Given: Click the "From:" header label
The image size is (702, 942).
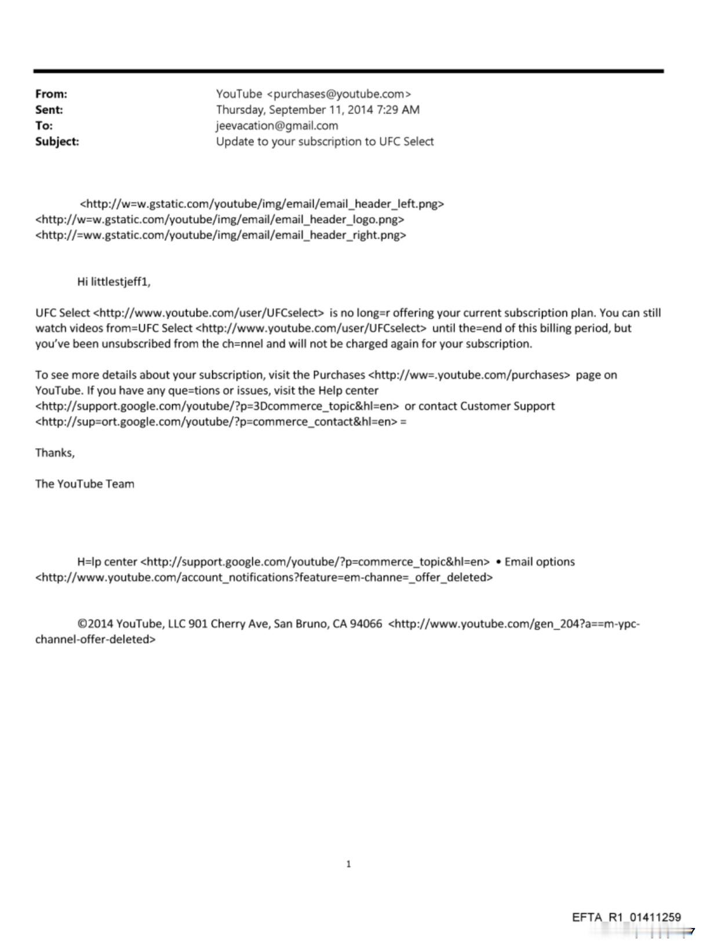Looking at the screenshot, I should [51, 94].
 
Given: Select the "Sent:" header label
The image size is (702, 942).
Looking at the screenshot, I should [49, 109].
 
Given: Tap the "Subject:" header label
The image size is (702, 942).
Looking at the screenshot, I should [57, 141].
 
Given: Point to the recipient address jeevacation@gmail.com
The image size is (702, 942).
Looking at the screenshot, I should [277, 126].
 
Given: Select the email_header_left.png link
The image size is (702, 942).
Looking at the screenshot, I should [262, 204].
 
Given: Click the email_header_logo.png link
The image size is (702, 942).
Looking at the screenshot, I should [220, 219].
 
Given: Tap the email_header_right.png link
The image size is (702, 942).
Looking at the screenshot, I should [221, 235].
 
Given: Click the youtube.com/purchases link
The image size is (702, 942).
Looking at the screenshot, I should [469, 375].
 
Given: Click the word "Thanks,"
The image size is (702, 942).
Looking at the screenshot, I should [55, 453].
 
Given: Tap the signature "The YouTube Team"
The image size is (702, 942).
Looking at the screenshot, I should [85, 484].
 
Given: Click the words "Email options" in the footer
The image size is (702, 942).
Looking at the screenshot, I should [540, 562].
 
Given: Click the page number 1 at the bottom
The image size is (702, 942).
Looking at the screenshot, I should [348, 864].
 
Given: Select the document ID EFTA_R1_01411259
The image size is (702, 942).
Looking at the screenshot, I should [626, 917].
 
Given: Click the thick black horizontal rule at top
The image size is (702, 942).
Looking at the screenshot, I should [348, 71].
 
